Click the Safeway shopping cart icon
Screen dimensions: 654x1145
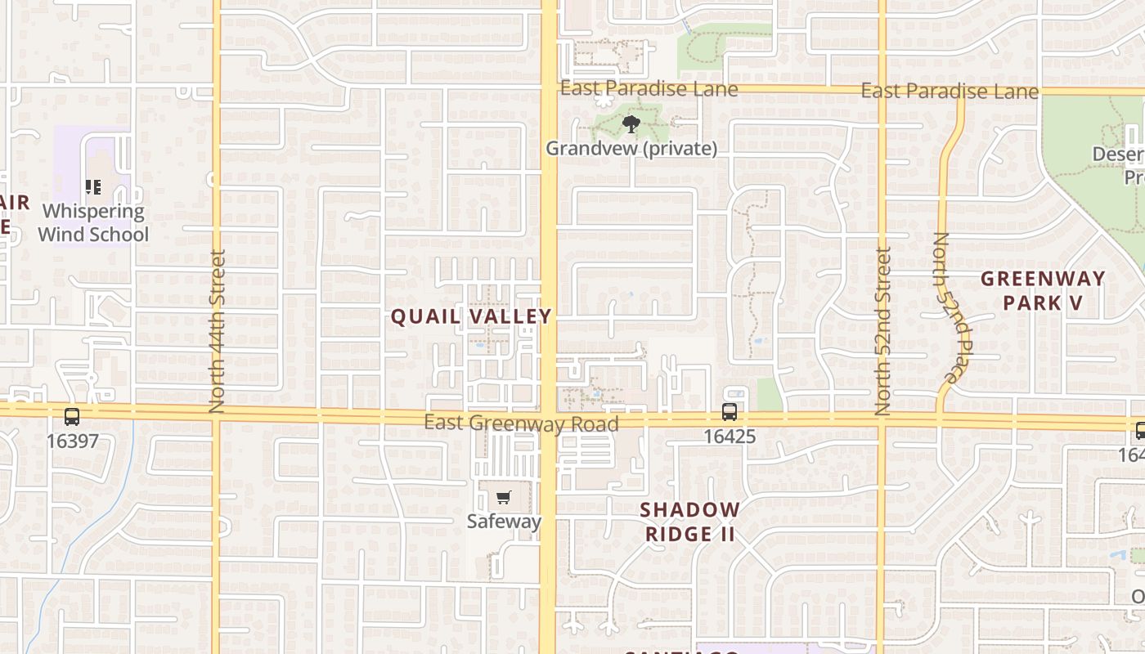(504, 498)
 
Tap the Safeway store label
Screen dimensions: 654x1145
(504, 521)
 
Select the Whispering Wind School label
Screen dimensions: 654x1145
(93, 222)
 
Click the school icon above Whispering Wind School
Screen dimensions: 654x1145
(93, 187)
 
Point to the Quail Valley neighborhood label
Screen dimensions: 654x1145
(471, 316)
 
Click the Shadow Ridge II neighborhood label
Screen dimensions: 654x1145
(689, 522)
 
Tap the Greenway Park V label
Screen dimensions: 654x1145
(1043, 290)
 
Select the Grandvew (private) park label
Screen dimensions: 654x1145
(631, 149)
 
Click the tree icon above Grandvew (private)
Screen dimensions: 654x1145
(631, 124)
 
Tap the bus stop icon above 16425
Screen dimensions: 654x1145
(730, 412)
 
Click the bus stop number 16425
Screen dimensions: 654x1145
(730, 437)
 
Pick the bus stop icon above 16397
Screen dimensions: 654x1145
(72, 416)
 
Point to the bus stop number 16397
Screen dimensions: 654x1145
(72, 441)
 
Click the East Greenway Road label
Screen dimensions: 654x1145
(521, 423)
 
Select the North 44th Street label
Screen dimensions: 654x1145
(217, 330)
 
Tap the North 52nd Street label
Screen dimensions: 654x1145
(882, 330)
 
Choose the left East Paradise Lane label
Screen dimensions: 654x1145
(649, 88)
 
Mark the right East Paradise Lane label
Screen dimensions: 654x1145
(950, 91)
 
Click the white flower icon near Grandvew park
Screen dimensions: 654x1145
(604, 101)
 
